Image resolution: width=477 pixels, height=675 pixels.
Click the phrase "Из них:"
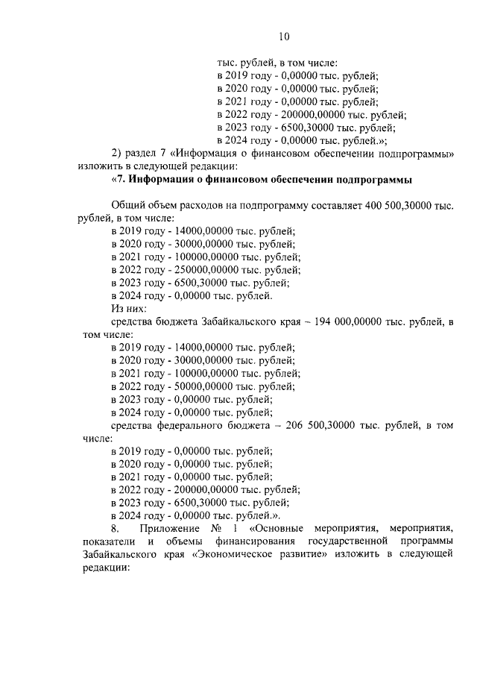tap(129, 308)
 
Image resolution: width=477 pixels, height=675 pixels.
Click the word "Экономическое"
tap(238, 555)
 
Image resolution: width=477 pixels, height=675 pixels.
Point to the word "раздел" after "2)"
tap(145, 152)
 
